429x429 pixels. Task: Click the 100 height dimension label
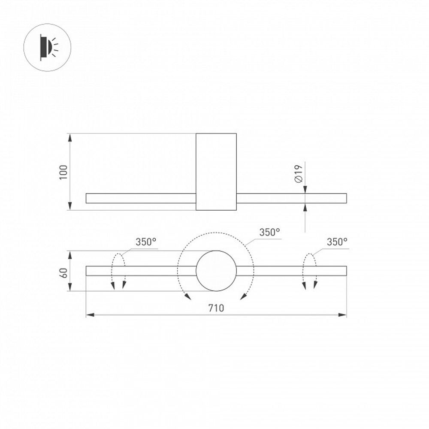[64, 172]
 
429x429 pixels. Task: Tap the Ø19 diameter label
[299, 174]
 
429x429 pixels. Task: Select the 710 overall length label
[216, 308]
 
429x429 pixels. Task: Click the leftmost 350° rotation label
[146, 242]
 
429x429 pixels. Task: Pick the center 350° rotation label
[269, 232]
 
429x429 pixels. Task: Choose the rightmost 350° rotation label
[337, 242]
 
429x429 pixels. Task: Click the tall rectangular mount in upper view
[216, 172]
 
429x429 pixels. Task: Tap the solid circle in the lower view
[216, 271]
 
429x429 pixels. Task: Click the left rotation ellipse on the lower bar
[118, 271]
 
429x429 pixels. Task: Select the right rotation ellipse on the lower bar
[310, 271]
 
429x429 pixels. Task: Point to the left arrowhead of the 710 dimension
[89, 315]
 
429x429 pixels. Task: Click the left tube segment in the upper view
[141, 198]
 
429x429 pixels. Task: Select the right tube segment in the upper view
[292, 198]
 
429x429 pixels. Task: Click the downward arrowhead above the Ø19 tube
[305, 190]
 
